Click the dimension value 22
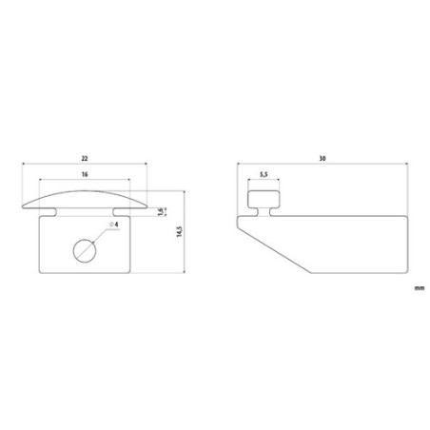[x=84, y=159]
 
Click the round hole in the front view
[x=85, y=250]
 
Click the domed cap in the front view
[x=84, y=199]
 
